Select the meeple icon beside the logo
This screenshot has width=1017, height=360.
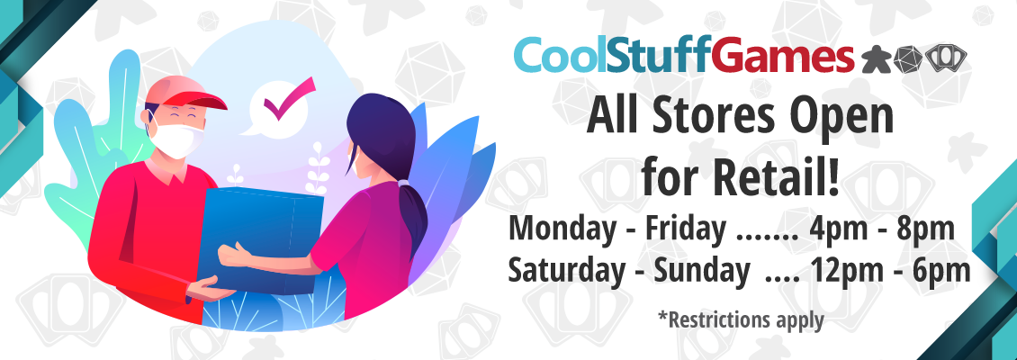click(876, 59)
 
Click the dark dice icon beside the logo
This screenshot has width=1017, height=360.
click(908, 59)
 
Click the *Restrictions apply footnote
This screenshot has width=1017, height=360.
click(741, 319)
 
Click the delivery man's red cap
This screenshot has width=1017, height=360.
click(184, 92)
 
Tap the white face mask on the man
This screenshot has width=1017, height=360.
click(176, 139)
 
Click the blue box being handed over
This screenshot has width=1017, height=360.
click(261, 238)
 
